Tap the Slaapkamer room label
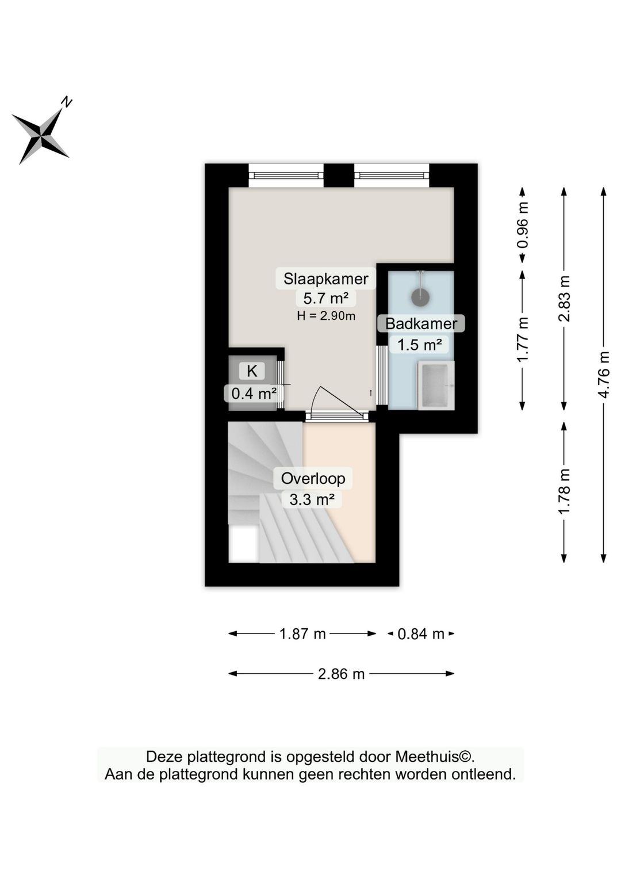pyautogui.click(x=325, y=279)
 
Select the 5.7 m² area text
pyautogui.click(x=325, y=298)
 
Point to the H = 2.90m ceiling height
pyautogui.click(x=325, y=316)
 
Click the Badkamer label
pyautogui.click(x=421, y=323)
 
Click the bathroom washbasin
pyautogui.click(x=435, y=385)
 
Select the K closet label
pyautogui.click(x=252, y=371)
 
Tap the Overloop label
pyautogui.click(x=313, y=478)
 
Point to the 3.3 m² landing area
pyautogui.click(x=312, y=499)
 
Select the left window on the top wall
pyautogui.click(x=286, y=175)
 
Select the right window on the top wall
pyautogui.click(x=392, y=175)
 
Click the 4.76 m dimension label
pyautogui.click(x=603, y=375)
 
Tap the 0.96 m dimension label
pyautogui.click(x=522, y=225)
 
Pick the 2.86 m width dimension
pyautogui.click(x=341, y=674)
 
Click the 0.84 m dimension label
pyautogui.click(x=421, y=634)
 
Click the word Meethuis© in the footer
pyautogui.click(x=434, y=757)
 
